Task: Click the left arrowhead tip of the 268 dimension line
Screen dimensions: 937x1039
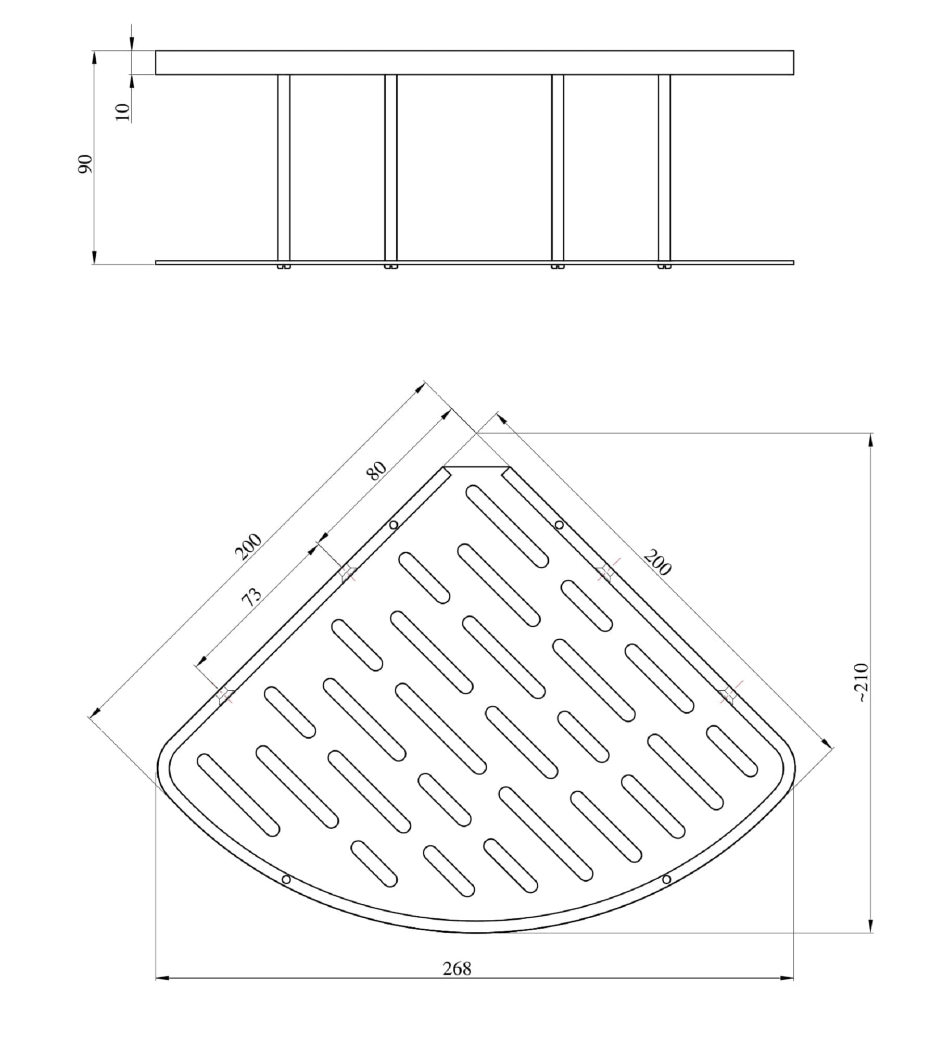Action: pos(156,979)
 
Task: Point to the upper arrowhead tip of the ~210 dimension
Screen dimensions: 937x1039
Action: pos(871,433)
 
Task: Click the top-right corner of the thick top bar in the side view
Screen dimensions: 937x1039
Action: pos(794,50)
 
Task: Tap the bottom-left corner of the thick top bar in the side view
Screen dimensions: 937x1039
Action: pos(156,74)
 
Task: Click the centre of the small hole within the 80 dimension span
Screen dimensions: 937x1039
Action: pos(394,525)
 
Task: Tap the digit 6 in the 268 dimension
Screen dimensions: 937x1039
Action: pos(457,969)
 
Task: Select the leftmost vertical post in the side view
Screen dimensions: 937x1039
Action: pos(283,168)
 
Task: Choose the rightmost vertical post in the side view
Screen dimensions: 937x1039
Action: pos(664,168)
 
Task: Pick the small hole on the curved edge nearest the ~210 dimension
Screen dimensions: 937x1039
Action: pos(666,879)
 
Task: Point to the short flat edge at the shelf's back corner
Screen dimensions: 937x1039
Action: pos(475,467)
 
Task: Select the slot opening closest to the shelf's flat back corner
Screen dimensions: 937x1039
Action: pos(507,526)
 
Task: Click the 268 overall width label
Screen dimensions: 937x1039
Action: pos(457,969)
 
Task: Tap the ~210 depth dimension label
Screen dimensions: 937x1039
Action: pos(863,682)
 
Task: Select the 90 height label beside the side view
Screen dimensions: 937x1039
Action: pos(85,164)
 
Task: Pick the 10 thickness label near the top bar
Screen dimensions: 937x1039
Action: pos(122,112)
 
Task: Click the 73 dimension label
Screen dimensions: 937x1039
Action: pos(252,598)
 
